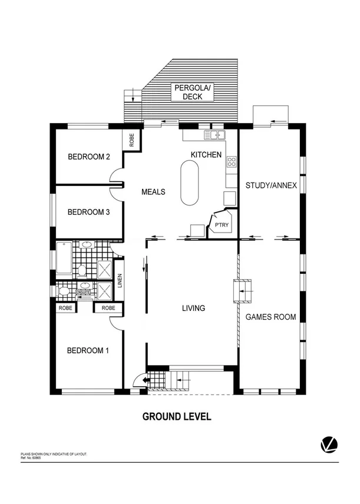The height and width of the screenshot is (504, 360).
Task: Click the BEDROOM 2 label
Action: (89, 157)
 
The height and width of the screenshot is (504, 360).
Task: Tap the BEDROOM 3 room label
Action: (89, 213)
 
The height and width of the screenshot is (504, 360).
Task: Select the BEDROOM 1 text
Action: (88, 351)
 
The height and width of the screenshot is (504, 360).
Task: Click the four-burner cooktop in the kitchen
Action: (232, 161)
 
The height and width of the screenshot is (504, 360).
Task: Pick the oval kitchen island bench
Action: (189, 183)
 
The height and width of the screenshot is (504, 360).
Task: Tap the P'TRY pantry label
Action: (222, 226)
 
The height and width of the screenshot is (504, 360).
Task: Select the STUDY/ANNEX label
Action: (271, 185)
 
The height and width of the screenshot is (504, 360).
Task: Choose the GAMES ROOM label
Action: (270, 317)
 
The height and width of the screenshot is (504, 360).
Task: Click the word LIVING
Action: (193, 308)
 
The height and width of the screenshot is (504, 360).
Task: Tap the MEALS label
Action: (153, 192)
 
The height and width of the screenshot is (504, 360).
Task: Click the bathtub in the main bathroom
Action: (64, 258)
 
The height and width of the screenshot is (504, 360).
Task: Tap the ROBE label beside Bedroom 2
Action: (132, 140)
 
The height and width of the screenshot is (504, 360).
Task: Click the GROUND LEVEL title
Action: (177, 417)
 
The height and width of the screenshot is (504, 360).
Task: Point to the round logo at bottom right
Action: (327, 445)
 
